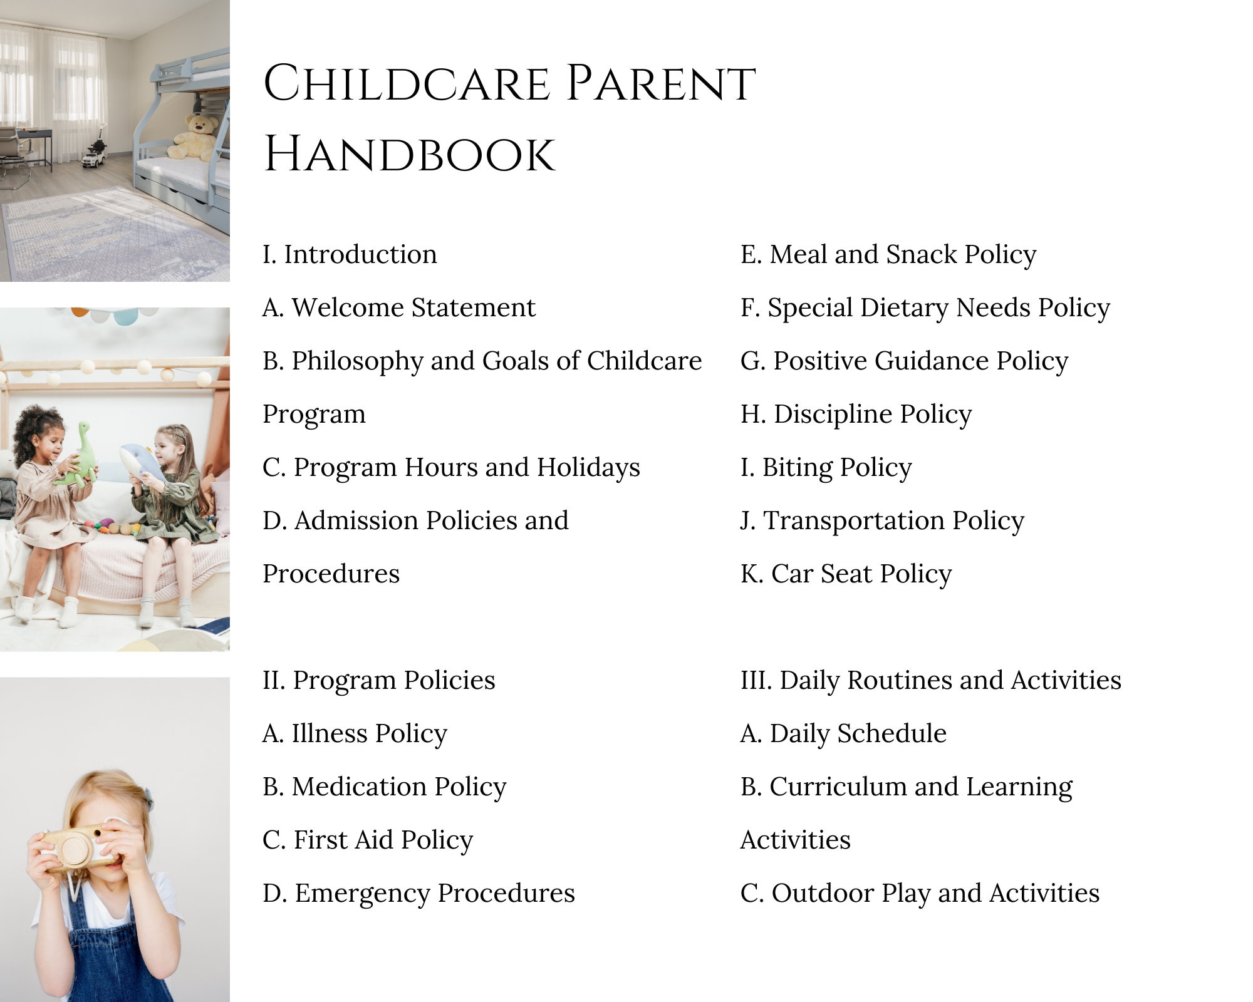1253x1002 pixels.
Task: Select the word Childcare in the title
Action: [x=406, y=83]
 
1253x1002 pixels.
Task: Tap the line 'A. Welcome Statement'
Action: [x=399, y=307]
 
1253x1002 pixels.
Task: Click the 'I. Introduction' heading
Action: [x=350, y=254]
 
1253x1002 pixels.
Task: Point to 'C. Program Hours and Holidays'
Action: [x=451, y=467]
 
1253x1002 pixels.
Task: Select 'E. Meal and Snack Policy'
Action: [x=888, y=254]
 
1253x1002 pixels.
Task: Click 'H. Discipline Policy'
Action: [x=856, y=414]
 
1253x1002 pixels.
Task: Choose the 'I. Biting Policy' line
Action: [x=826, y=467]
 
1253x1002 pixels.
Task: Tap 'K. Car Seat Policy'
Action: [x=846, y=574]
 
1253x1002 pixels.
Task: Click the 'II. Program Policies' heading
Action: [x=378, y=680]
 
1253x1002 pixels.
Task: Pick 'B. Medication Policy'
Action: [x=384, y=787]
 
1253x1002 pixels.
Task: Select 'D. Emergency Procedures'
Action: [x=419, y=893]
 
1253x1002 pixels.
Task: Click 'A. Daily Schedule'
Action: [x=843, y=733]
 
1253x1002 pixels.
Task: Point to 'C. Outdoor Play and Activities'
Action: [x=919, y=893]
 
